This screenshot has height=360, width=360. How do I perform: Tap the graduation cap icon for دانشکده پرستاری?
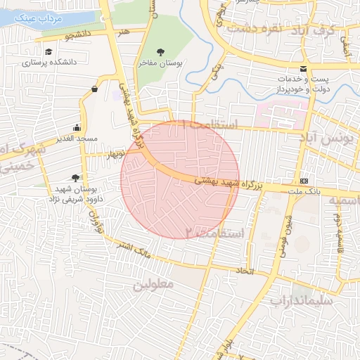click(49, 52)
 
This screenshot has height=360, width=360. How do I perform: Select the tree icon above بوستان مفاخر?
click(160, 52)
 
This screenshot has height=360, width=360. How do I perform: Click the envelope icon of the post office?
click(303, 69)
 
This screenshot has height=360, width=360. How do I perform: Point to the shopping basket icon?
click(95, 89)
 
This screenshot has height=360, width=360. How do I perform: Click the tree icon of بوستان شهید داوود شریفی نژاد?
click(75, 178)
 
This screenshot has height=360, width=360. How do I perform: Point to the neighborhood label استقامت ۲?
click(214, 232)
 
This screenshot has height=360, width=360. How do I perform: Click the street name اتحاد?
click(244, 270)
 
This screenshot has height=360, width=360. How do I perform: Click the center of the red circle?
click(180, 179)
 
